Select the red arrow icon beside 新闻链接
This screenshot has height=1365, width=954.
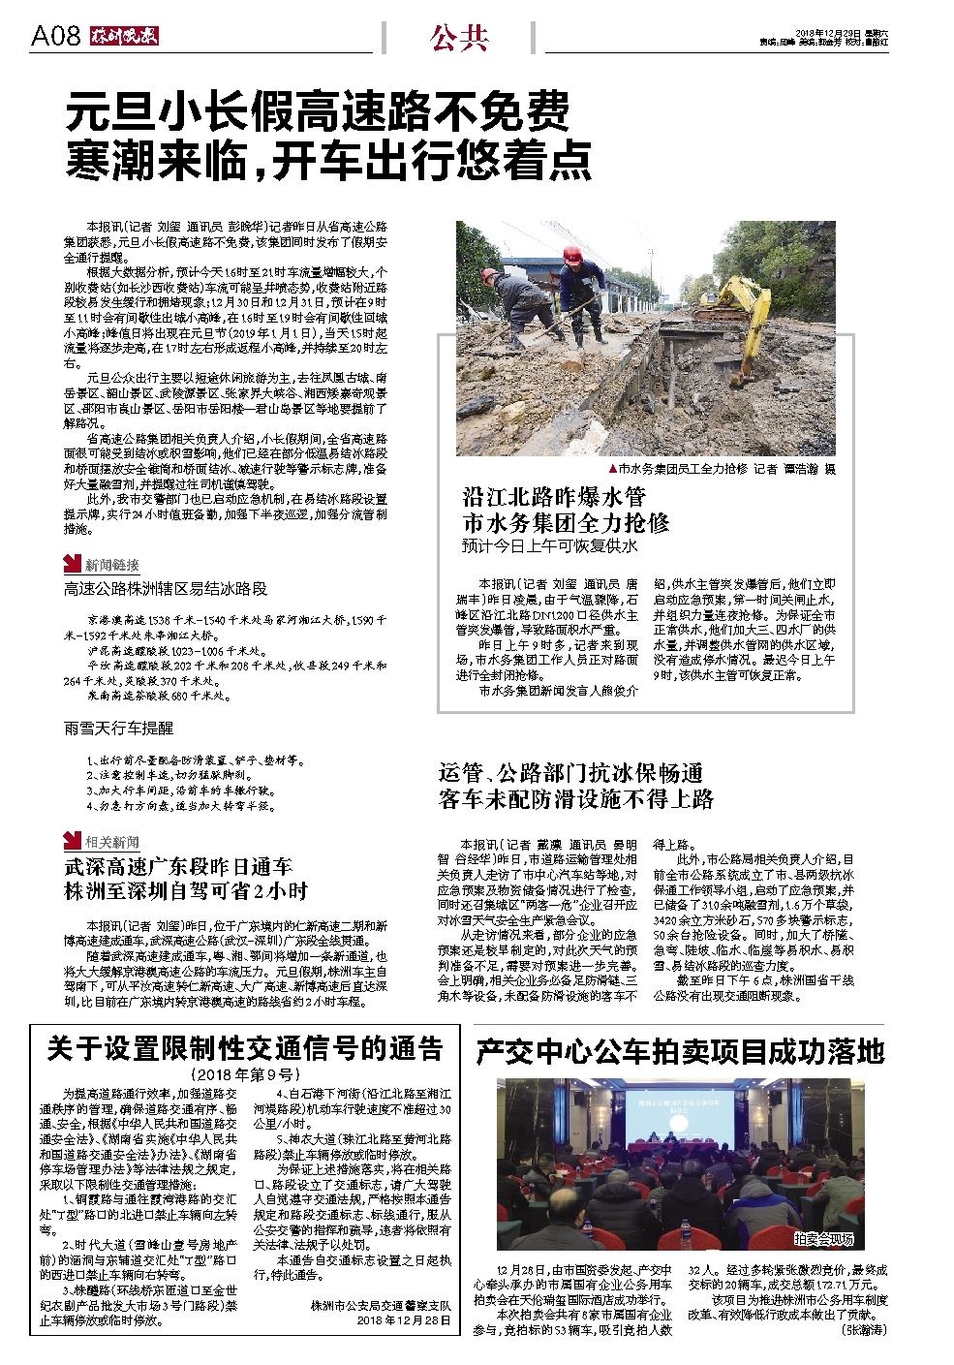72,564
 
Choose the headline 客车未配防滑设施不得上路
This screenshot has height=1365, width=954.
576,798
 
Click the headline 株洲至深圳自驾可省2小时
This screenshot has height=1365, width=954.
186,890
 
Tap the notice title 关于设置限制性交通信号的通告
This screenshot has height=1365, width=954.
245,1049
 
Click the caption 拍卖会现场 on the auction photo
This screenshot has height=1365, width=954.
824,1237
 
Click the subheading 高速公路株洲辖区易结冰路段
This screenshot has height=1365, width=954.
166,588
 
